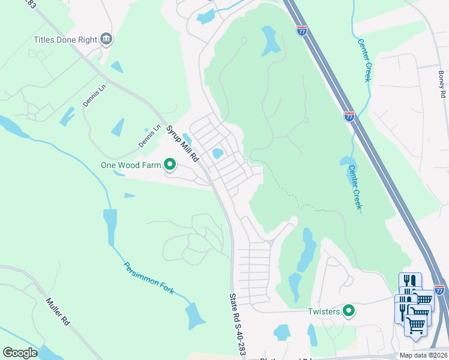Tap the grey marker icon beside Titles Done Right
(107, 40)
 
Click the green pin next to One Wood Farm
(170, 163)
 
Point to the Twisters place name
(324, 311)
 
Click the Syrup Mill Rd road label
(182, 144)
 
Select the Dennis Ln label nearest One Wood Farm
(150, 136)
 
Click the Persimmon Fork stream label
(148, 278)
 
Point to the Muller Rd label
(58, 311)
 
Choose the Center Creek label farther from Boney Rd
(355, 187)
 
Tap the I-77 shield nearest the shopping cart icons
(439, 290)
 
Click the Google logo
(20, 353)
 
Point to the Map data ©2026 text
(423, 355)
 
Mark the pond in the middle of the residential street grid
(217, 154)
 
